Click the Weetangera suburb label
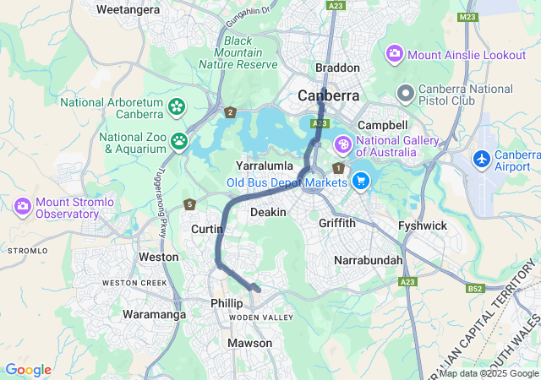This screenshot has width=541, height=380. coord(128,10)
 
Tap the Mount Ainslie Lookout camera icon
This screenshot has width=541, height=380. coord(394,55)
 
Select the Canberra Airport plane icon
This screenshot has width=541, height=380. coord(482,159)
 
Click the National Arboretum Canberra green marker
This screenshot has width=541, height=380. coord(177,106)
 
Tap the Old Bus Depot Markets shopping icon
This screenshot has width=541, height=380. coord(361,180)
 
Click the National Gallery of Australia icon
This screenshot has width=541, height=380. coord(343,144)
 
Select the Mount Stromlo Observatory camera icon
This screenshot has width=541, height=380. coord(23,205)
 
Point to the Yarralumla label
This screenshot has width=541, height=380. coord(264,166)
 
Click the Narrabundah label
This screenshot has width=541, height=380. coord(369,260)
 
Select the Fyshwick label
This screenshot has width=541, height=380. coord(423,225)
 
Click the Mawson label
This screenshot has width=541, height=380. coord(249,343)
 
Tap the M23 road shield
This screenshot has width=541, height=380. coord(467,16)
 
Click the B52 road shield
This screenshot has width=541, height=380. coord(475,289)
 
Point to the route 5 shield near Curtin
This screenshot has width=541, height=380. coord(190,204)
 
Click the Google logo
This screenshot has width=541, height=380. coord(28,370)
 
